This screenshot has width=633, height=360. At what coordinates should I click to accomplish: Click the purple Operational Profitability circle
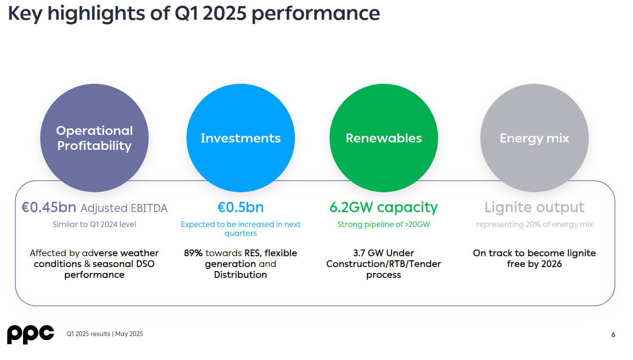coord(94,138)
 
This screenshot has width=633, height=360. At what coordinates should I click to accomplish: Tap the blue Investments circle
coord(240,138)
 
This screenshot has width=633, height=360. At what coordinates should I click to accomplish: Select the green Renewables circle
coord(384,138)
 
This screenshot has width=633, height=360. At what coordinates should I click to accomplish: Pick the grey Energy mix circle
coord(534,138)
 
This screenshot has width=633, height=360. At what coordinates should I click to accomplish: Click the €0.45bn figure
coord(49,208)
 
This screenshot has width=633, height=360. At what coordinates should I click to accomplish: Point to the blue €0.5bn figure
coord(240,208)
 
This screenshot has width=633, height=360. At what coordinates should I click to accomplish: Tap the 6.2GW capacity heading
coord(384,207)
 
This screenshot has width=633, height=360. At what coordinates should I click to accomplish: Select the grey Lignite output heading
coord(534,208)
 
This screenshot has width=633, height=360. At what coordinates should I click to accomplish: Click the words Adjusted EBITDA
coord(124,208)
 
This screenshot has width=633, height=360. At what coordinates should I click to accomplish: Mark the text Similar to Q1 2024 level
coord(94,225)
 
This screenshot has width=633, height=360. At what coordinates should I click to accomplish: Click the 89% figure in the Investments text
coord(193,253)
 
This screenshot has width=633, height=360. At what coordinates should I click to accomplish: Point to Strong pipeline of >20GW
coord(384,225)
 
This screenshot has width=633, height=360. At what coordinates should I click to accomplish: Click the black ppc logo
coord(30,334)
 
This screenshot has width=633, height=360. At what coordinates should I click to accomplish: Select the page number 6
coord(613,335)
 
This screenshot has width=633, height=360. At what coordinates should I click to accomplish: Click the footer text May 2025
coord(129,334)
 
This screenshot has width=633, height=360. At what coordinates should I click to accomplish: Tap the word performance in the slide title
coord(316,14)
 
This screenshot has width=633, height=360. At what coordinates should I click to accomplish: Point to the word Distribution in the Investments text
coord(240,275)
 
